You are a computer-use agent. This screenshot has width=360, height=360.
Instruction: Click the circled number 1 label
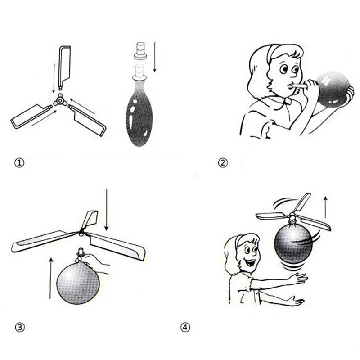coord(19,163)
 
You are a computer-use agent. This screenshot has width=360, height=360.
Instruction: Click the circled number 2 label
coord(223,163)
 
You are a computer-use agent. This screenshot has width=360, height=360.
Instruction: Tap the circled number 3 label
coord(20,327)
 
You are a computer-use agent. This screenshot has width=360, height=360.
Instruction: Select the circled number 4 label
coord(185,327)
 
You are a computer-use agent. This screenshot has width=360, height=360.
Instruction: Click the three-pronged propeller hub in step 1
coord(60,100)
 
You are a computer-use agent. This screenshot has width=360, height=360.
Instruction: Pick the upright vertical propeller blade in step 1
coord(64,68)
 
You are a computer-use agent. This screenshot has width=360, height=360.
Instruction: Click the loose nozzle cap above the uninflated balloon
coord(140,50)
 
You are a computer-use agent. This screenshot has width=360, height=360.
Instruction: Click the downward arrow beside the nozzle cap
coord(154,57)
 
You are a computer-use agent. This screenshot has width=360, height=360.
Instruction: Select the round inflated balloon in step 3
coord(78,283)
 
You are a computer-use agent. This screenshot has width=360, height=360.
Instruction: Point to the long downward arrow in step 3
coord(106,210)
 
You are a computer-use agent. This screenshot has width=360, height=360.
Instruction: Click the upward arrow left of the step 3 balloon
coord(51,278)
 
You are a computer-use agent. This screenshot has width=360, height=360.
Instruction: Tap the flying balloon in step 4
coord(293,243)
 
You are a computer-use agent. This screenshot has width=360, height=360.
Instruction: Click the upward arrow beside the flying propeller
coord(325,207)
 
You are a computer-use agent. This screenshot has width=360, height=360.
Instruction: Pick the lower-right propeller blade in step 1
coord(88,120)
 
